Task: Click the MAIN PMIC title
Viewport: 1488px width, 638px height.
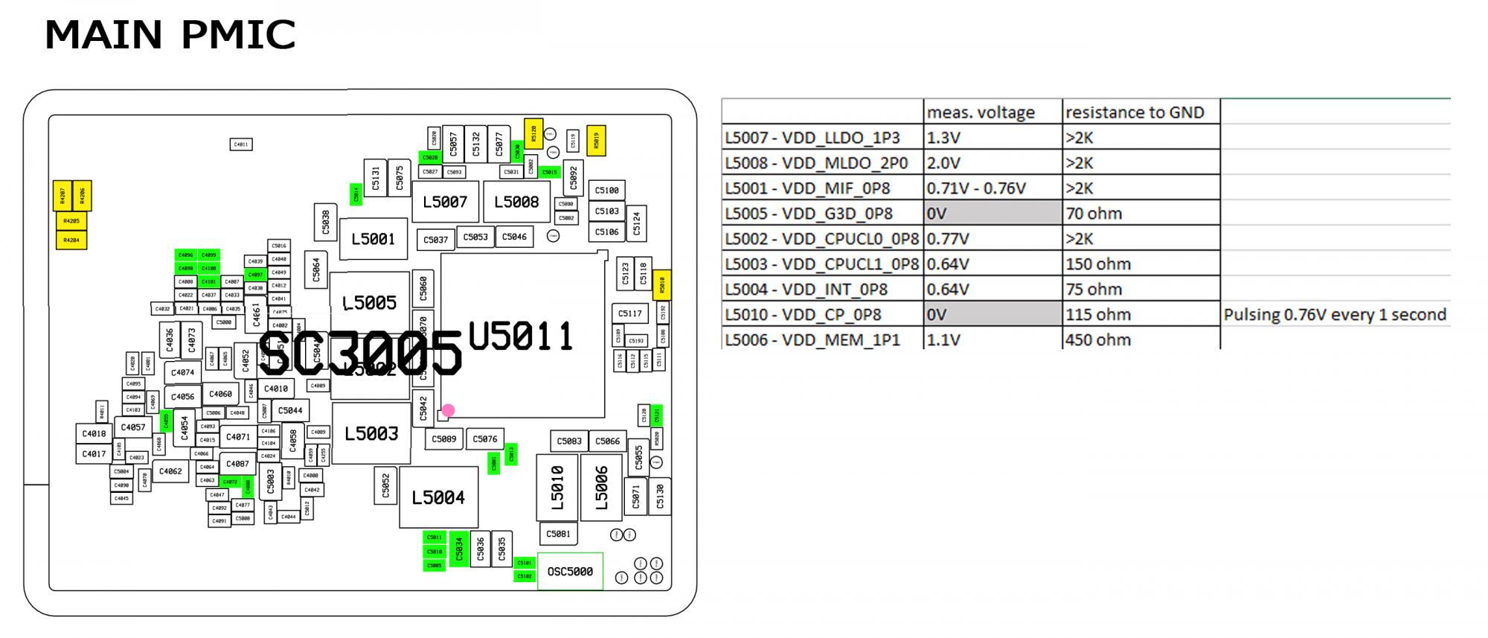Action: [x=170, y=35]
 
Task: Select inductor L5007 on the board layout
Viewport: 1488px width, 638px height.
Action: [x=445, y=202]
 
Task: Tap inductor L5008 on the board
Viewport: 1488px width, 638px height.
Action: [x=516, y=202]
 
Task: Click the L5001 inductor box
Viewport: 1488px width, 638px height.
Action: [x=373, y=239]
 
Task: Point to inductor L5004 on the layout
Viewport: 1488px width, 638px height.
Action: [x=438, y=497]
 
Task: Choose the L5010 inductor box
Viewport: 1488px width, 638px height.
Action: [x=557, y=488]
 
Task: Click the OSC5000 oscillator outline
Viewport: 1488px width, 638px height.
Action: [x=570, y=572]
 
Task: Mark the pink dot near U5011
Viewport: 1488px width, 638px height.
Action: [x=448, y=410]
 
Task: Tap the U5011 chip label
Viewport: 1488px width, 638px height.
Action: [x=521, y=337]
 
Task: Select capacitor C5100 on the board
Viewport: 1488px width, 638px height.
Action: [x=607, y=191]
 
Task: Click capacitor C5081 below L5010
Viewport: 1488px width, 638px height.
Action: [x=558, y=534]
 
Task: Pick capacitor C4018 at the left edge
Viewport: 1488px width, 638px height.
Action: [x=94, y=434]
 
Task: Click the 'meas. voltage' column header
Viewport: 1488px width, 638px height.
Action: [x=981, y=112]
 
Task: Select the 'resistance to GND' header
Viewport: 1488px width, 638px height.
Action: [x=1135, y=112]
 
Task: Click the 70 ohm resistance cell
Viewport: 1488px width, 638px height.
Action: [x=1094, y=214]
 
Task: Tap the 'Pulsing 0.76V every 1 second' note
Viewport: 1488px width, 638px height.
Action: [x=1335, y=315]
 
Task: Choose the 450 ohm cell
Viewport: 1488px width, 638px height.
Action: [x=1098, y=340]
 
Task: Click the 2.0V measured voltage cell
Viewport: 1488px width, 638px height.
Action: [x=943, y=163]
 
